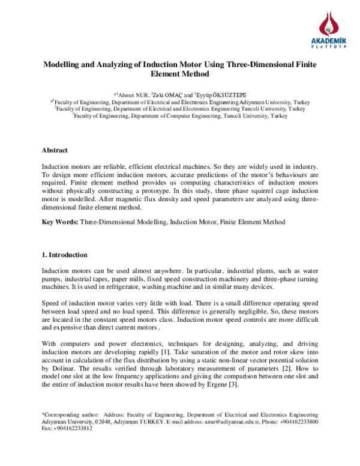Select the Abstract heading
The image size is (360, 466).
pos(54,150)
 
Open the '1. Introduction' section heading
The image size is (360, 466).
pos(64,255)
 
